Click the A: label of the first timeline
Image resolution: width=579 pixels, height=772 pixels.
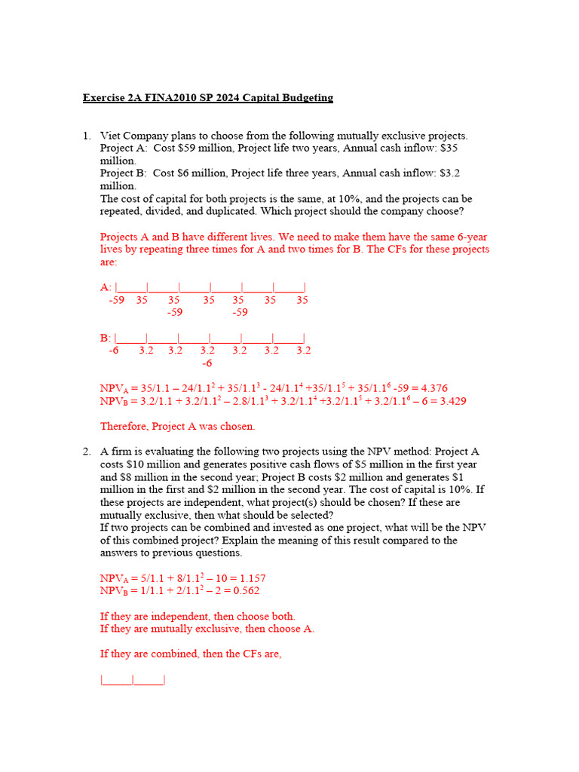pos(106,287)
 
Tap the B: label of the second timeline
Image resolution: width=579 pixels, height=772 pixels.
pos(106,338)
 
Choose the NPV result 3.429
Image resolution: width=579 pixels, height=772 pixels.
pos(451,402)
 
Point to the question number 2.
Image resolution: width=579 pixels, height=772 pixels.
pos(87,452)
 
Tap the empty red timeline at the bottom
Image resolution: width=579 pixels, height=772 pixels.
pos(133,680)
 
